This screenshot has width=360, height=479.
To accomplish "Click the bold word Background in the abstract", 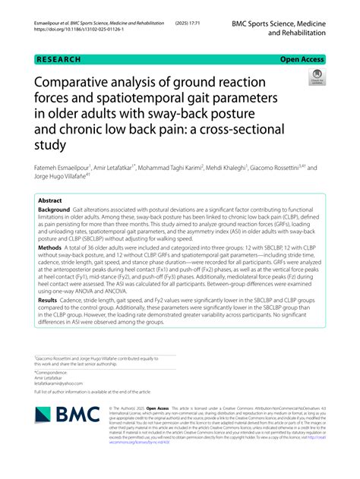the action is click(x=58, y=210).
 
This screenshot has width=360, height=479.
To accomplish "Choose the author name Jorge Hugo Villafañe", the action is click(x=62, y=178).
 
